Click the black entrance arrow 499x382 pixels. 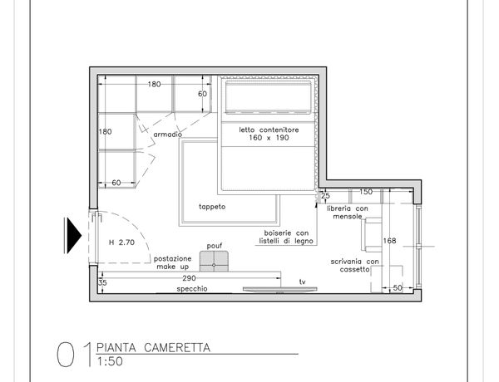point(72,236)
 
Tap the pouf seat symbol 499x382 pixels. point(214,262)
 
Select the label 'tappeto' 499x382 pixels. point(212,207)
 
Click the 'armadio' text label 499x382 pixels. point(168,135)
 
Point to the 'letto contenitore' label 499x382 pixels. point(269,130)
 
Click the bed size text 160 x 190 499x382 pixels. point(269,138)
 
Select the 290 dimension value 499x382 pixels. point(189,278)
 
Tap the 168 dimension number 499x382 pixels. point(389,241)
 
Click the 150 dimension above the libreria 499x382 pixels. point(366,192)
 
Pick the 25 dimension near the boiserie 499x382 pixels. point(325,196)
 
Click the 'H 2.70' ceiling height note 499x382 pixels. point(122,242)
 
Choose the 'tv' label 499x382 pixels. point(303,282)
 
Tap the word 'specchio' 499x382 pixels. point(192,289)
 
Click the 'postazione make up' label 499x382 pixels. point(173,262)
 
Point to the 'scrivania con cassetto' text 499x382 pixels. point(355,266)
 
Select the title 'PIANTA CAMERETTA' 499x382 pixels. point(153,347)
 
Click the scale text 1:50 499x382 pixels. point(110,361)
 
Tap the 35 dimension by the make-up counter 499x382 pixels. point(102,282)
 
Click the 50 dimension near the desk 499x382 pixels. point(398,288)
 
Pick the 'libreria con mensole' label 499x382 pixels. point(348,213)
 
